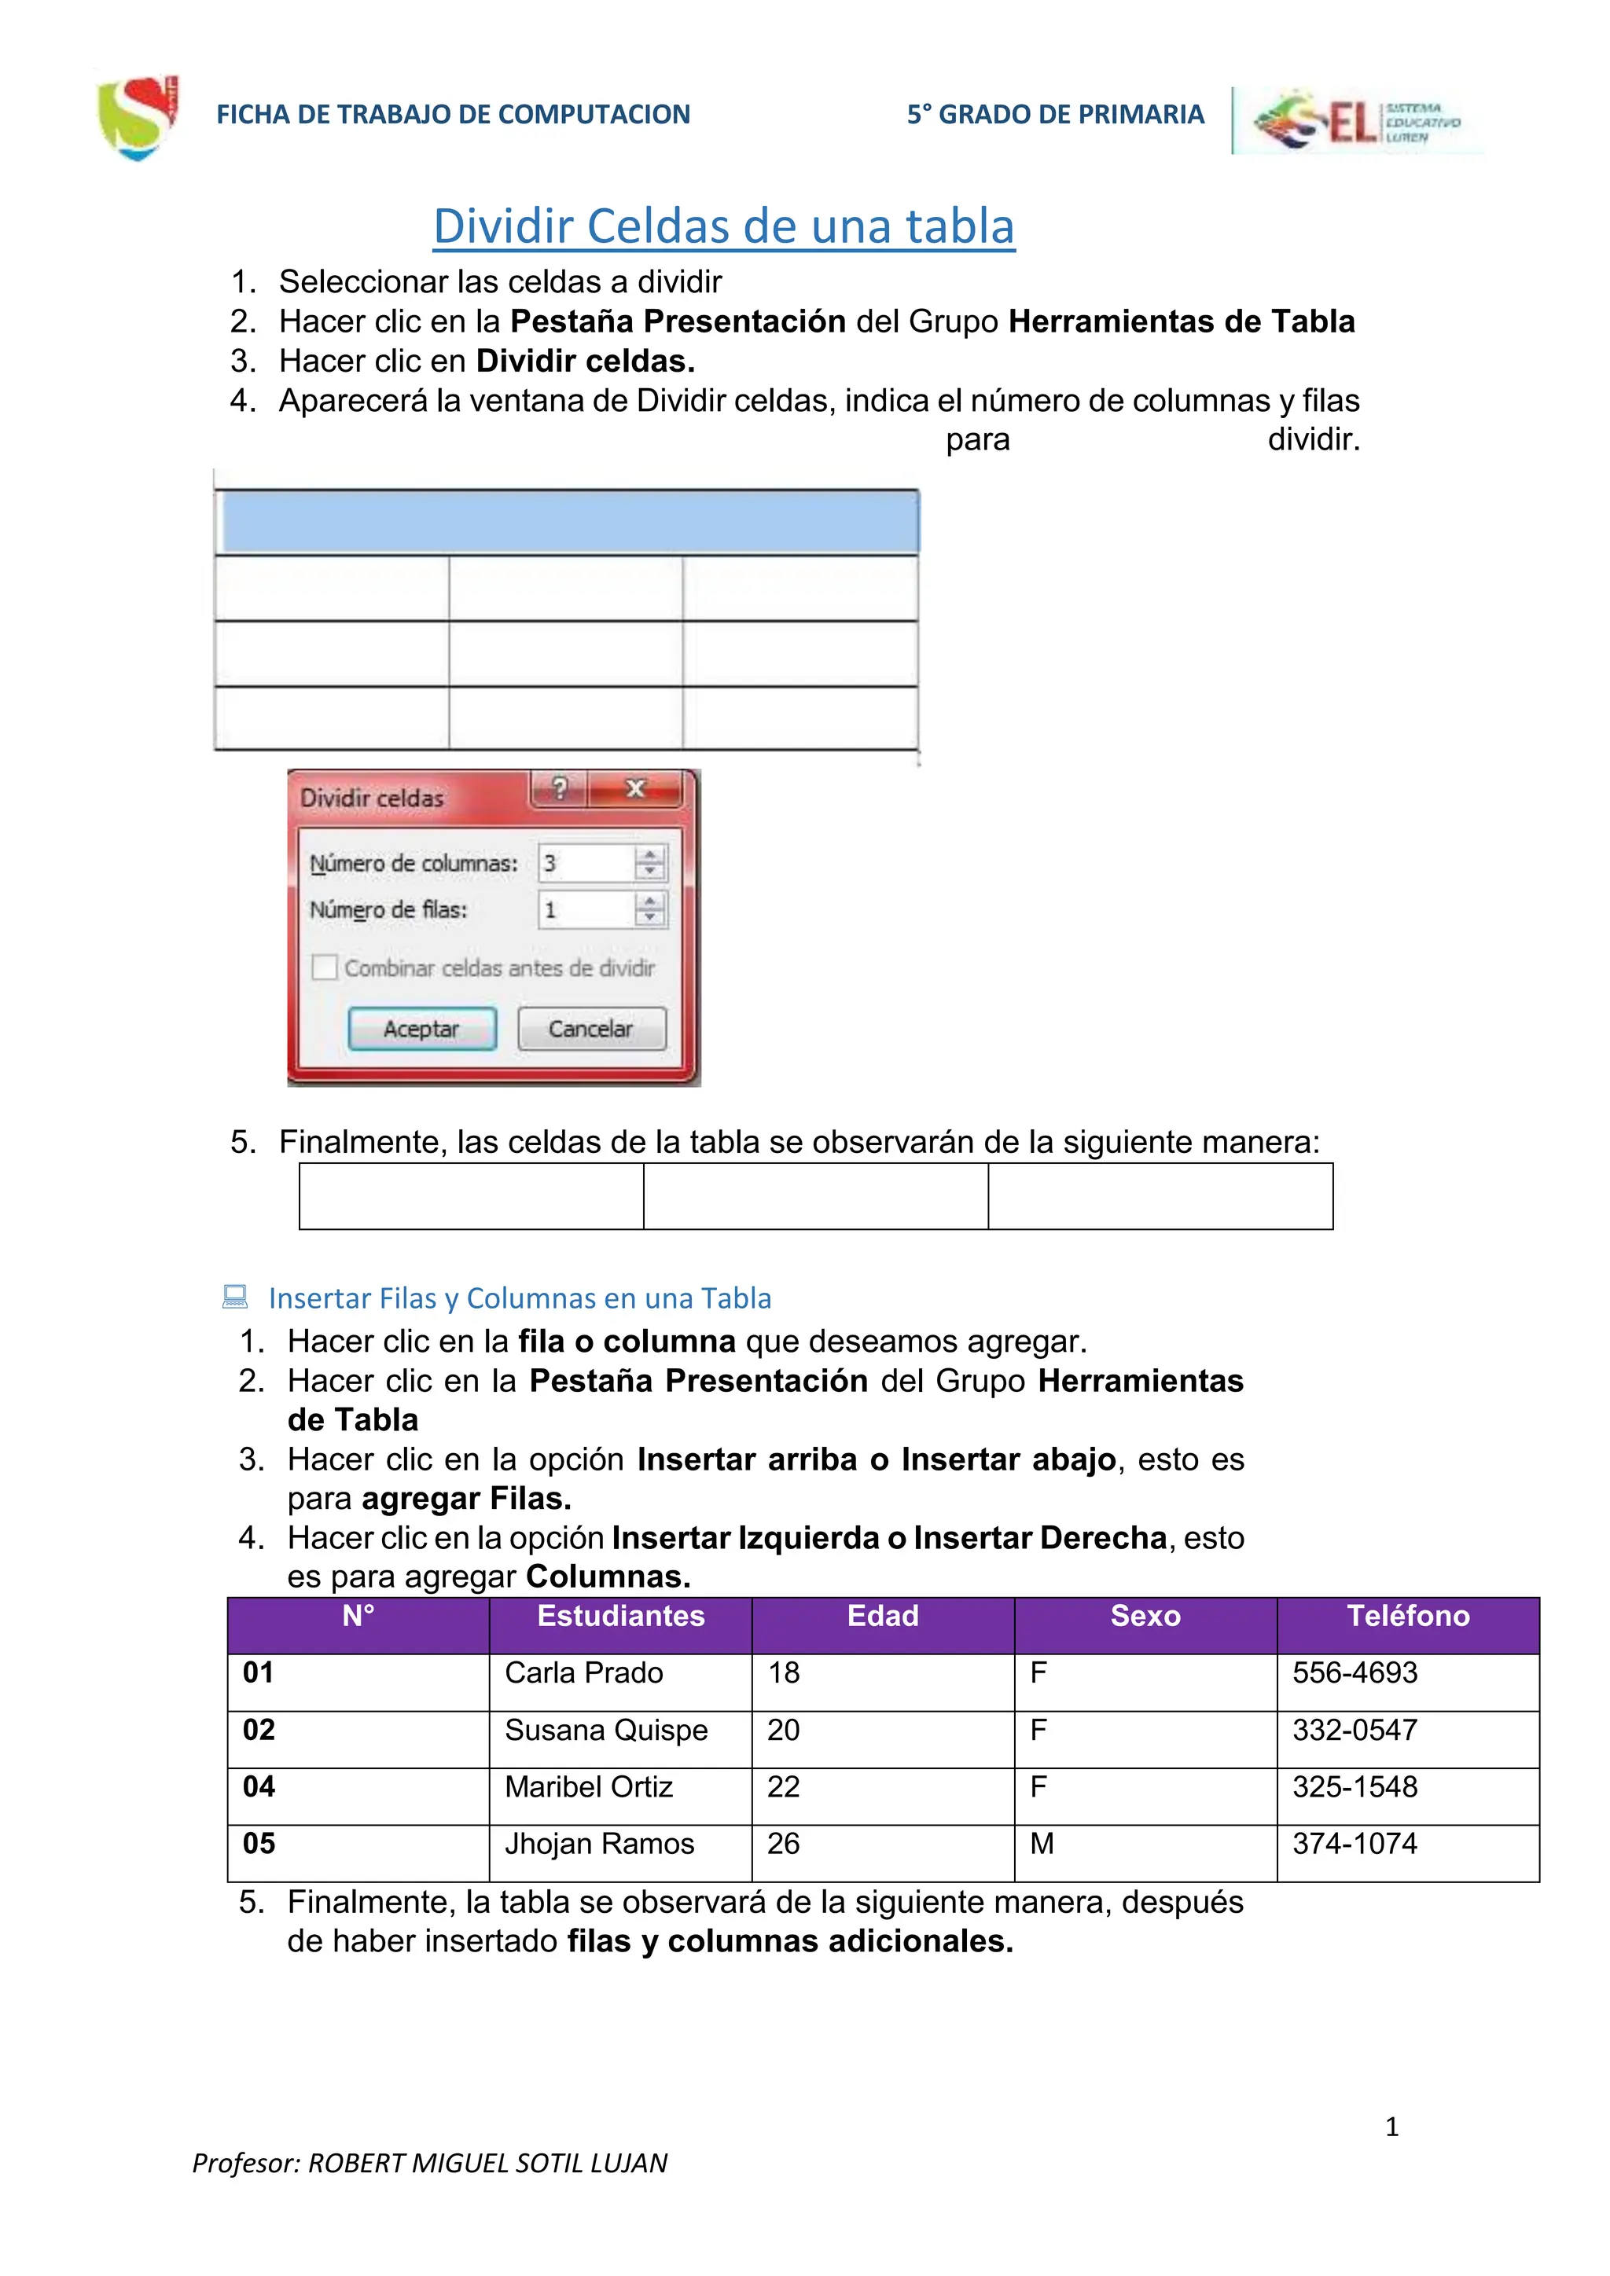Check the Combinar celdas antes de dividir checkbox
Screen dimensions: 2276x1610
click(324, 967)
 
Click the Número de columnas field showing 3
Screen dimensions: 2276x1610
click(585, 864)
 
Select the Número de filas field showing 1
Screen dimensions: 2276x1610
click(585, 909)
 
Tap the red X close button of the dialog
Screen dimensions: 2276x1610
click(635, 789)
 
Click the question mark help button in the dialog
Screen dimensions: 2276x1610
click(559, 789)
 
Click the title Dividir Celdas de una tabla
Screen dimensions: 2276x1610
click(724, 226)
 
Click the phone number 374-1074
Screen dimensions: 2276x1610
click(1355, 1844)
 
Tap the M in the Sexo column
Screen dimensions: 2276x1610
click(1041, 1844)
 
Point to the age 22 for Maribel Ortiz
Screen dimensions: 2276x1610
click(783, 1787)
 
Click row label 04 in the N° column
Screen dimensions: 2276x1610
click(259, 1787)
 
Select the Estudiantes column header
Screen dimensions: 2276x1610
click(620, 1617)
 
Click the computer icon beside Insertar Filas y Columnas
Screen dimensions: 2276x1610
click(235, 1297)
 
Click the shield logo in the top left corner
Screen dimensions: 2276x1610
click(138, 116)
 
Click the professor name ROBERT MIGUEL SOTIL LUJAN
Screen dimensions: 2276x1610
click(487, 2163)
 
